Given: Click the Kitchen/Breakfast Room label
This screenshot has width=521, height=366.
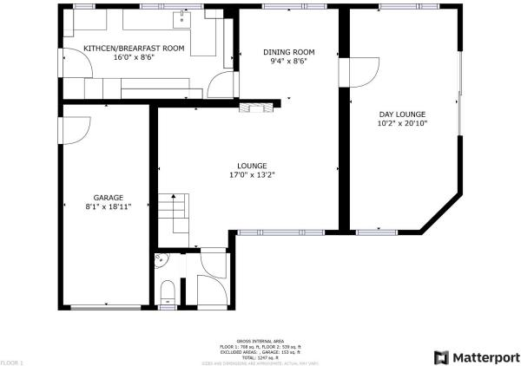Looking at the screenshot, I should click(x=134, y=49).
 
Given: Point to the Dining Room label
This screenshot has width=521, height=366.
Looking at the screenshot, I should click(x=287, y=52).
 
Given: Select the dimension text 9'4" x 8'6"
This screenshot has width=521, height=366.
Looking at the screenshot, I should click(x=287, y=61).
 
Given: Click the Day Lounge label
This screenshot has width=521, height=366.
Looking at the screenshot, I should click(x=402, y=114).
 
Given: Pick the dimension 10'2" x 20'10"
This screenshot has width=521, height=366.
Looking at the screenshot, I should click(x=402, y=123).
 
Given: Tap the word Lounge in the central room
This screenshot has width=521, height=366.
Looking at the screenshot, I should click(x=252, y=165).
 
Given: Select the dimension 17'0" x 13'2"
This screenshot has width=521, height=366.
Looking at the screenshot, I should click(x=252, y=174).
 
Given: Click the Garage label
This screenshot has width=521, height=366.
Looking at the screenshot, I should click(x=109, y=197).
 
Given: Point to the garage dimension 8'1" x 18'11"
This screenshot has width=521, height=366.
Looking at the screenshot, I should click(x=109, y=206).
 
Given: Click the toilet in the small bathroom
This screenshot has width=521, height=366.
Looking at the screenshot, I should click(x=168, y=292).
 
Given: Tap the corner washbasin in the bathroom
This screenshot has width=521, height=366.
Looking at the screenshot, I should click(x=159, y=258).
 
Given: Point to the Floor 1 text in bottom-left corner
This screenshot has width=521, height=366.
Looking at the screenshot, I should click(x=11, y=361).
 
